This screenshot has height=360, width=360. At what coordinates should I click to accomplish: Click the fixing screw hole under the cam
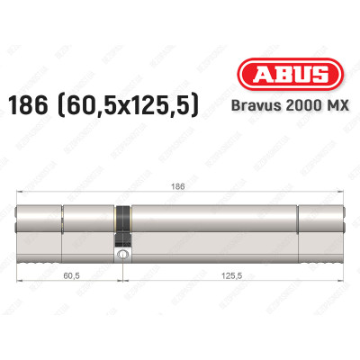121,255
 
